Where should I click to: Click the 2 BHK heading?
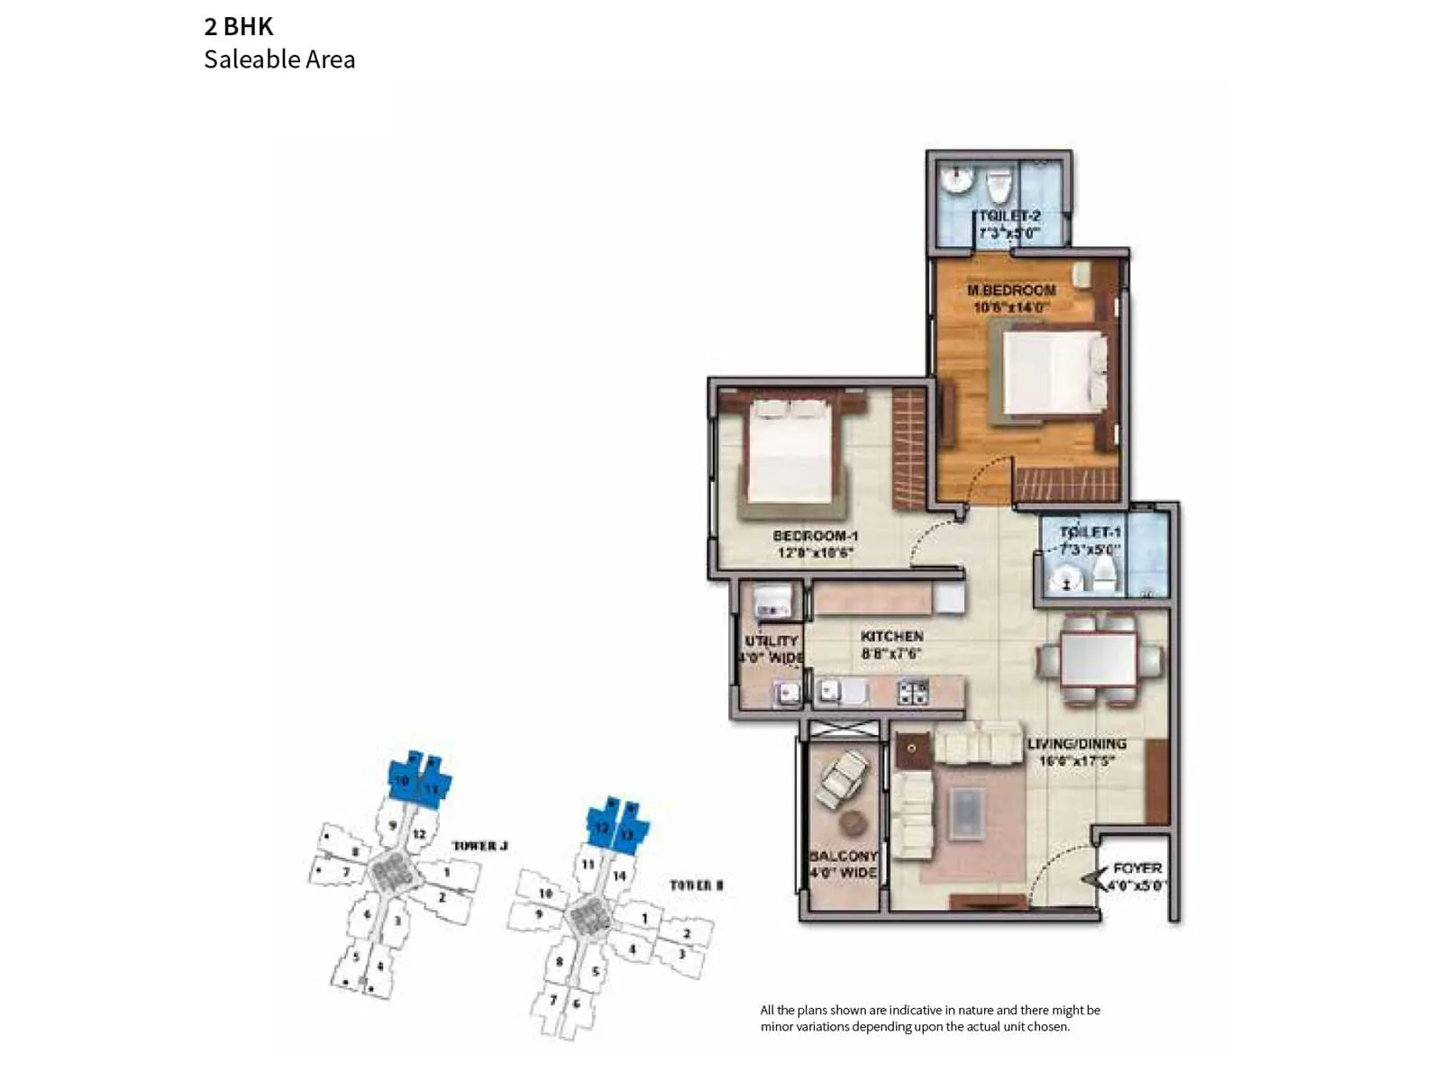pos(239,26)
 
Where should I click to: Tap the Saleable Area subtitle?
pos(279,59)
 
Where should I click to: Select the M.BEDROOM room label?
pos(1011,290)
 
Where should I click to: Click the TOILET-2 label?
pos(1009,216)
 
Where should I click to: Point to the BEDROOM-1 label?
pos(816,536)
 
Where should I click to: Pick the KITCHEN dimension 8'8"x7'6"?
pos(891,653)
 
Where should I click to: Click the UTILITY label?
pos(771,640)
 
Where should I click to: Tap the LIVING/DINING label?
pos(1077,744)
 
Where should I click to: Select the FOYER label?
pos(1137,868)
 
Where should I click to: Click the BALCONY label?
pos(844,856)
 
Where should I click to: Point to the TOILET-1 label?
pos(1090,532)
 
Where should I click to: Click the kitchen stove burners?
pos(913,692)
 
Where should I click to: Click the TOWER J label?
pos(479,846)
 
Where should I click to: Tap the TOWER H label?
pos(696,886)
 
